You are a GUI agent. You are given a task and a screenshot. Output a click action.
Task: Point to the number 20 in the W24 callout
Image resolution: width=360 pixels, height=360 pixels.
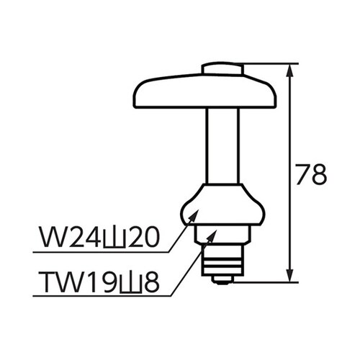(x=138, y=238)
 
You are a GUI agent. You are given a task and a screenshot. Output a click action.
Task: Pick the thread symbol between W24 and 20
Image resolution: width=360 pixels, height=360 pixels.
(x=105, y=238)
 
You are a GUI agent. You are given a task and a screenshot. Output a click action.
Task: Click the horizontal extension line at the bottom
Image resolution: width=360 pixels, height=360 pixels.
(x=266, y=282)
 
